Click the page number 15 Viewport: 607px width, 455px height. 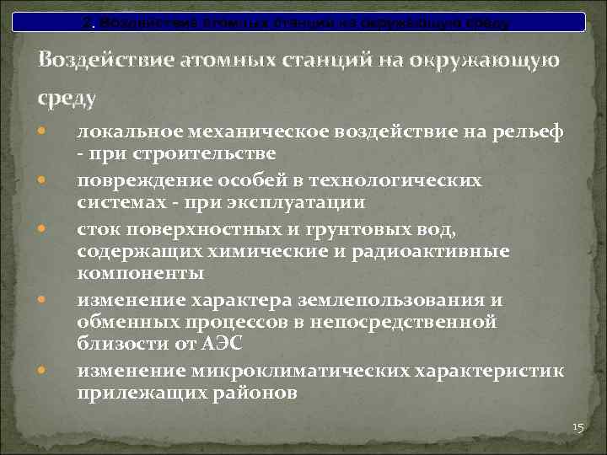[x=577, y=428]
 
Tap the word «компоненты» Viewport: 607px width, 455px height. [x=139, y=273]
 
